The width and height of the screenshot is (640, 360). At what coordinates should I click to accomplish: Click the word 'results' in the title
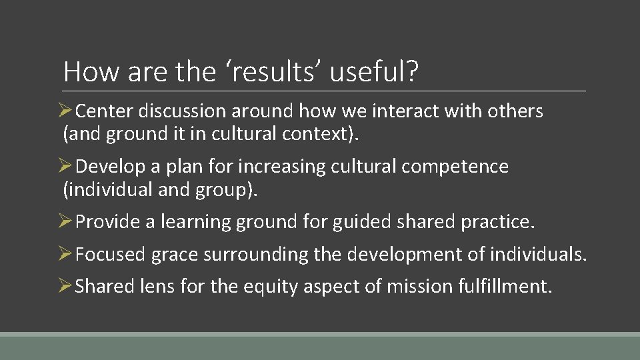[x=266, y=71]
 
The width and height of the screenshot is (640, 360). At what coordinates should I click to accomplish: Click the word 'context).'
[x=320, y=134]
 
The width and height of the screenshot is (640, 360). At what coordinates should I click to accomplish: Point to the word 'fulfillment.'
[x=505, y=287]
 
